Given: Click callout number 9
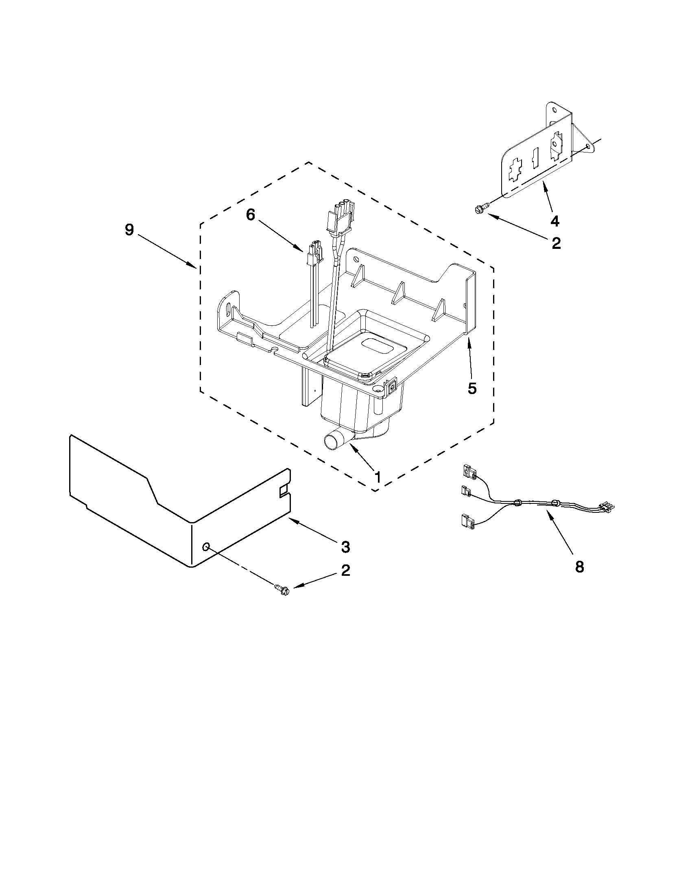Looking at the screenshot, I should click(129, 230).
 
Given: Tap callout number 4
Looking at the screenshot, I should click(554, 221).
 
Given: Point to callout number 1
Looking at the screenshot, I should click(378, 477).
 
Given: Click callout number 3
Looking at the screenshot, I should click(345, 546).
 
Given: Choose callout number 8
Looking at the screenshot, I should click(579, 567).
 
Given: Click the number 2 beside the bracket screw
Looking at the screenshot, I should click(556, 243).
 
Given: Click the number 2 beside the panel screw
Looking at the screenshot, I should click(345, 571).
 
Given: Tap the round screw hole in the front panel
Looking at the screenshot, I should click(207, 546).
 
